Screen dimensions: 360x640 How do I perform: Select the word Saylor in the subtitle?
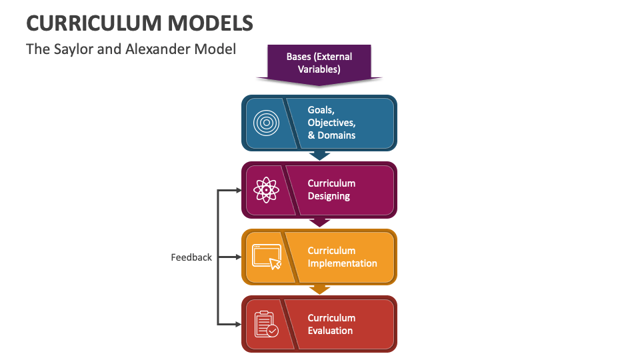(73, 49)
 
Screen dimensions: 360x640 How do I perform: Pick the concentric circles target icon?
(265, 123)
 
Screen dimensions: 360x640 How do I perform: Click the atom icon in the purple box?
(266, 190)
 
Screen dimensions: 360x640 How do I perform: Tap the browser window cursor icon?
(267, 257)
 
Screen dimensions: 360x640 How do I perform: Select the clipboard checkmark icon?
(266, 324)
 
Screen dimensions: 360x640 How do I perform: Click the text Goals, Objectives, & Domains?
(331, 123)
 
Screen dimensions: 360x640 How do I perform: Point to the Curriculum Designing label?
(331, 190)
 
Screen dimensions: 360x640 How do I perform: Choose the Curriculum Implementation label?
(342, 257)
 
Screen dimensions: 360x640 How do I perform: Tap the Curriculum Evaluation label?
(331, 324)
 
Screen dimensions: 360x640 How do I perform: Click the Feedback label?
(191, 257)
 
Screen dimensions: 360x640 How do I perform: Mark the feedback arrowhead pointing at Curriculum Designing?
(237, 190)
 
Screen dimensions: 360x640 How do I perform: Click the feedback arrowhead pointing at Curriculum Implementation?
(237, 257)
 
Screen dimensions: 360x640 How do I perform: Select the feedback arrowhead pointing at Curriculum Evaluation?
(237, 324)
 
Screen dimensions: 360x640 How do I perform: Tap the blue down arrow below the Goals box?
(320, 155)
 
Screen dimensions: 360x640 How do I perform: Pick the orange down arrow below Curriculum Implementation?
(320, 289)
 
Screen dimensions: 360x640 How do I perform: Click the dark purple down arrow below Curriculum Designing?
(320, 222)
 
